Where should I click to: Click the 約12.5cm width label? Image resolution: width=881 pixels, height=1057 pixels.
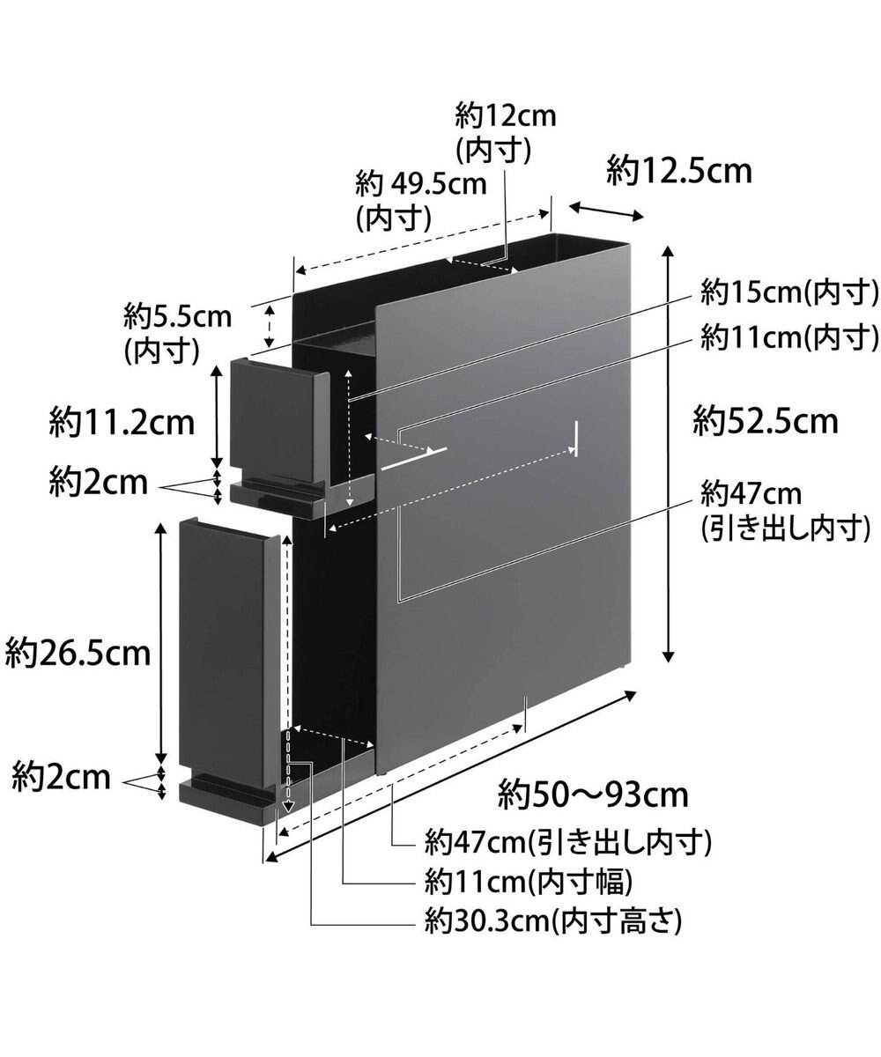pos(679,171)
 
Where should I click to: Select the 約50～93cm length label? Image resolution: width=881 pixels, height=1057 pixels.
pos(591,795)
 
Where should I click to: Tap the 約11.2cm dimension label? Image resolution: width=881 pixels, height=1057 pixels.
pos(122,423)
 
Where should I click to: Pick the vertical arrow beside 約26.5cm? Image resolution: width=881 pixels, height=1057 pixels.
pos(161,644)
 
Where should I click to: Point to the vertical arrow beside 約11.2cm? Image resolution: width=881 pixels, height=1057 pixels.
pos(217,418)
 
